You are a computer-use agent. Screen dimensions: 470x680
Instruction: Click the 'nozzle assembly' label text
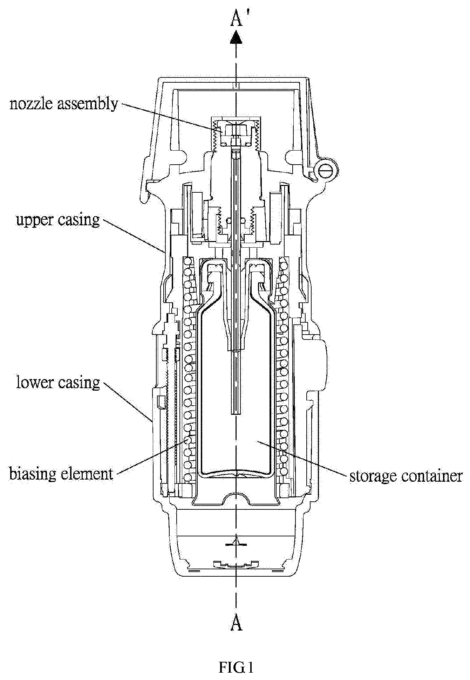pos(64,104)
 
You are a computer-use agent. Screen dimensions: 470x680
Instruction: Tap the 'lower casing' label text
pos(58,382)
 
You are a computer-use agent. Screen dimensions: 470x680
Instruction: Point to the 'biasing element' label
pos(61,474)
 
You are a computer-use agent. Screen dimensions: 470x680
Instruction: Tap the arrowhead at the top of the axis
pos(237,37)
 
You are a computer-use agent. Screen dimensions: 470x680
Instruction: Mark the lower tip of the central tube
pos(237,414)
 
